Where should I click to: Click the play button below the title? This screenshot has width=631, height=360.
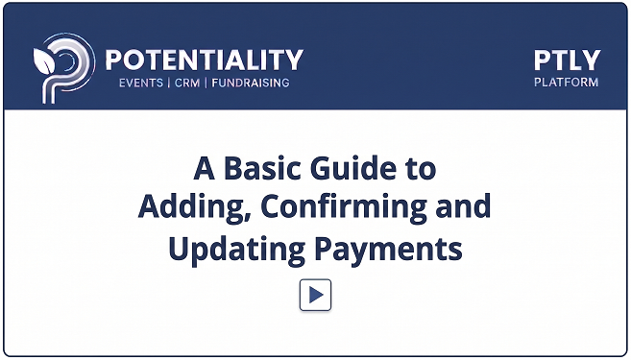(315, 295)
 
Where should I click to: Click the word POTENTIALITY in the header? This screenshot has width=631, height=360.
(205, 60)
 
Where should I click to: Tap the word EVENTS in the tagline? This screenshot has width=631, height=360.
(141, 83)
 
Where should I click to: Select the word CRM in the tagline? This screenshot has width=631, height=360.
(187, 83)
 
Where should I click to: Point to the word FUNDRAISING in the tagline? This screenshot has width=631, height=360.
(251, 83)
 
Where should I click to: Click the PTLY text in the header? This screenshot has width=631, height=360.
(567, 60)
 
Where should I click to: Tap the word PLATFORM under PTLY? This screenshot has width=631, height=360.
(567, 82)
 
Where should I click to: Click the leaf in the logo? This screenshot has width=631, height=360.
(44, 61)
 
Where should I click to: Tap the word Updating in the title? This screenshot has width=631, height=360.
(236, 251)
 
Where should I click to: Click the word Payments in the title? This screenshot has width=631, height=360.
(388, 251)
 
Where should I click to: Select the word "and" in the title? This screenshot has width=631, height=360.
(463, 206)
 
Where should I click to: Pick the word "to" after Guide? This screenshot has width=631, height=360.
(421, 169)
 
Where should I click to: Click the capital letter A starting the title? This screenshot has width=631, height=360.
(204, 168)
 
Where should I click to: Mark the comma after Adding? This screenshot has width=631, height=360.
(247, 218)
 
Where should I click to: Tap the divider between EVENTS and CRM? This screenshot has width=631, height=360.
(169, 83)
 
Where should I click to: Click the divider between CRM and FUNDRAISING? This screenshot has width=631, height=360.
(206, 83)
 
